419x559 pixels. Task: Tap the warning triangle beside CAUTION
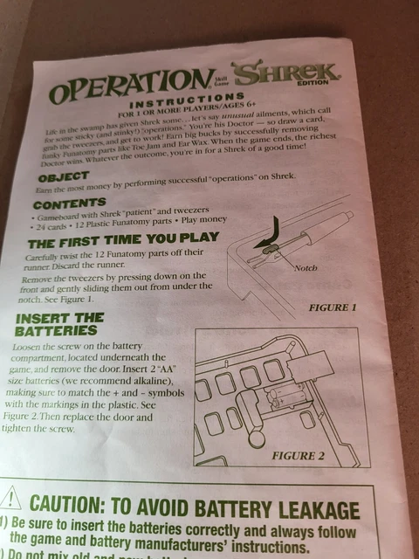point(10,500)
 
